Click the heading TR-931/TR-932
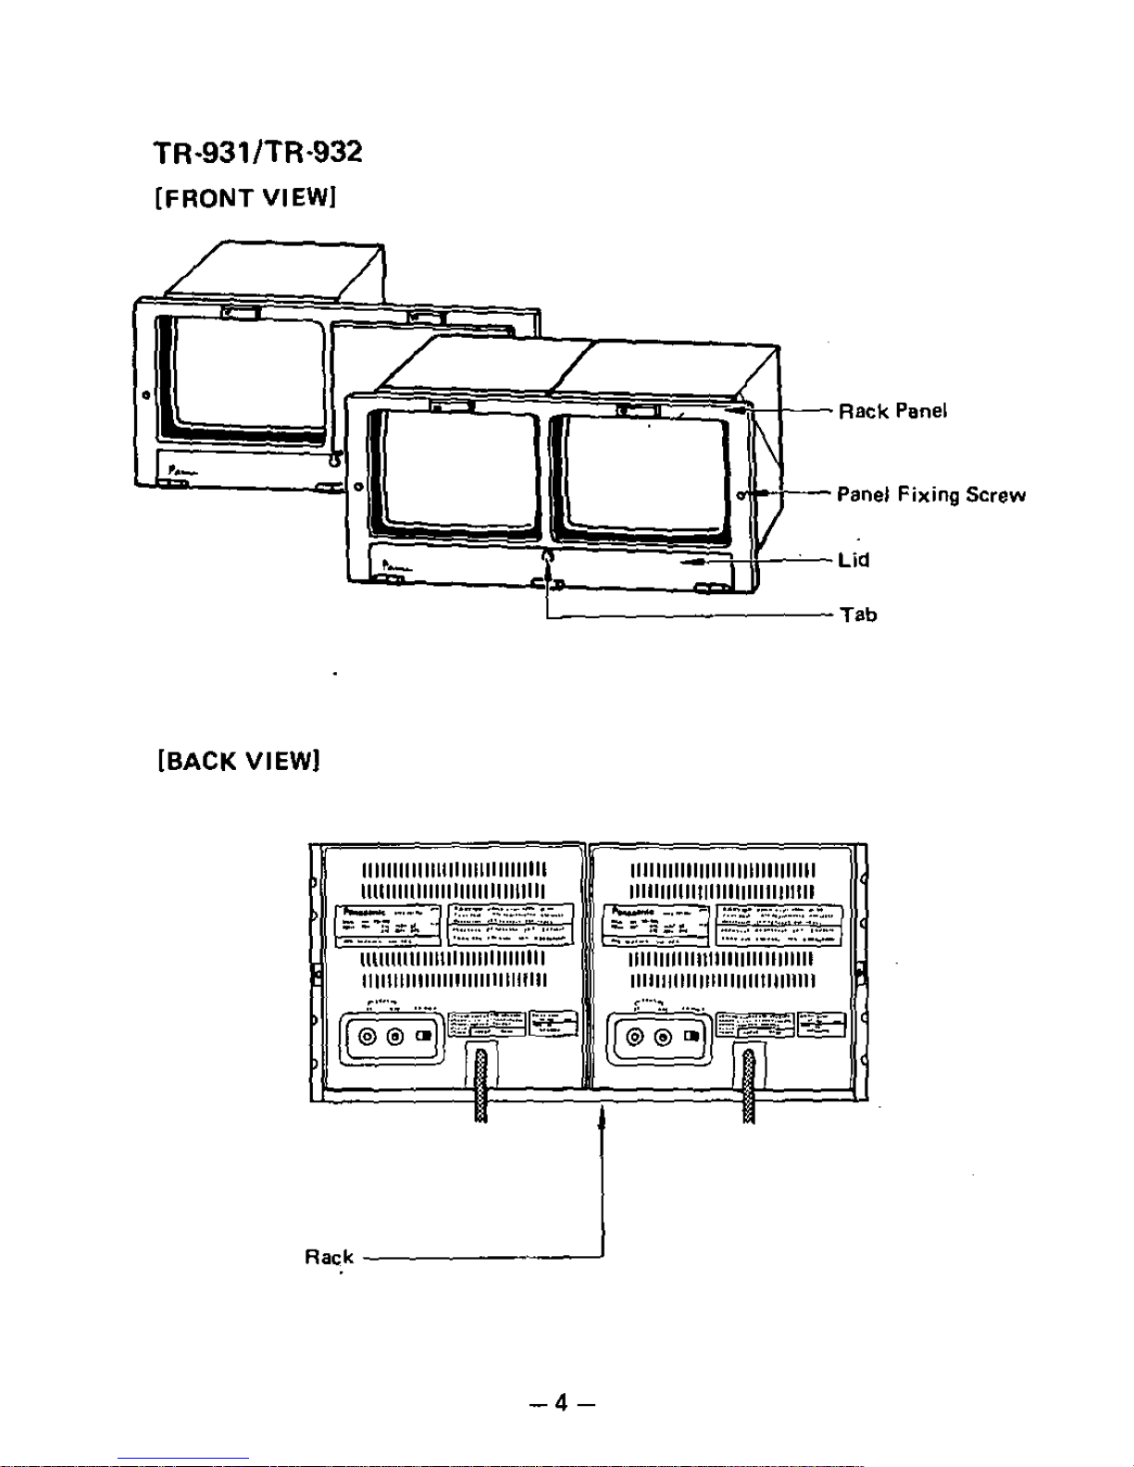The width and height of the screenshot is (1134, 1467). [x=257, y=153]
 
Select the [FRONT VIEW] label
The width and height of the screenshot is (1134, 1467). [x=244, y=198]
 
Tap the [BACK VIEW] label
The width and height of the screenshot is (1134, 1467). [x=240, y=761]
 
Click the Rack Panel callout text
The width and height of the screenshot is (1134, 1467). [x=892, y=411]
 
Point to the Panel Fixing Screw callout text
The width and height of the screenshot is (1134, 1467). [x=931, y=494]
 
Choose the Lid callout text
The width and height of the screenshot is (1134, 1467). [x=854, y=560]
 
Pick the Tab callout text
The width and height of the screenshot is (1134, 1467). [x=858, y=615]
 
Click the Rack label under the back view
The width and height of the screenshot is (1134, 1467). [x=329, y=1257]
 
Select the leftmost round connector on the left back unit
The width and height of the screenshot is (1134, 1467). [x=368, y=1037]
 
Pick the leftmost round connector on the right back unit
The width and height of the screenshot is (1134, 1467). [x=635, y=1037]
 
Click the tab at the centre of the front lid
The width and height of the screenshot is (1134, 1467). [x=547, y=558]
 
